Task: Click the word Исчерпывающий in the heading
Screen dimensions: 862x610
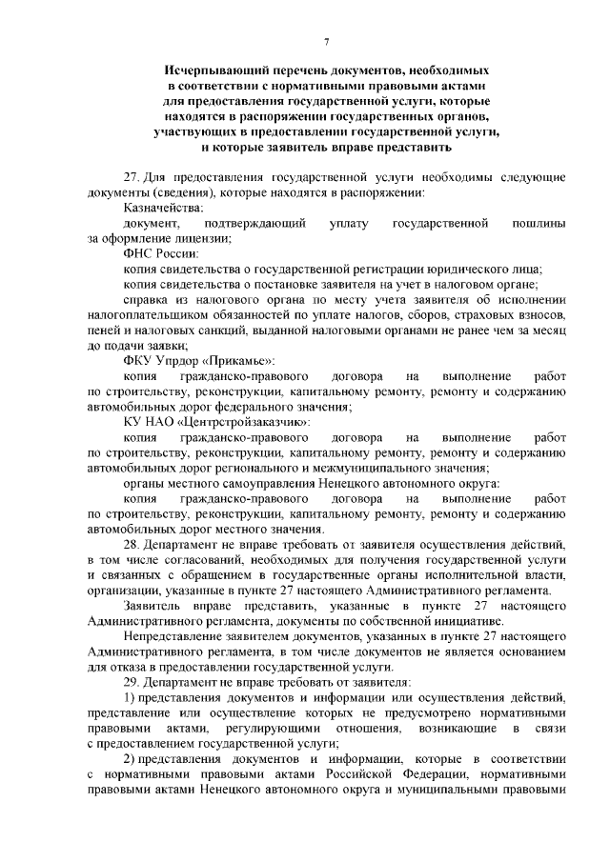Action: point(215,71)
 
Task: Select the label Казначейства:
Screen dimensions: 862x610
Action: point(163,208)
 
